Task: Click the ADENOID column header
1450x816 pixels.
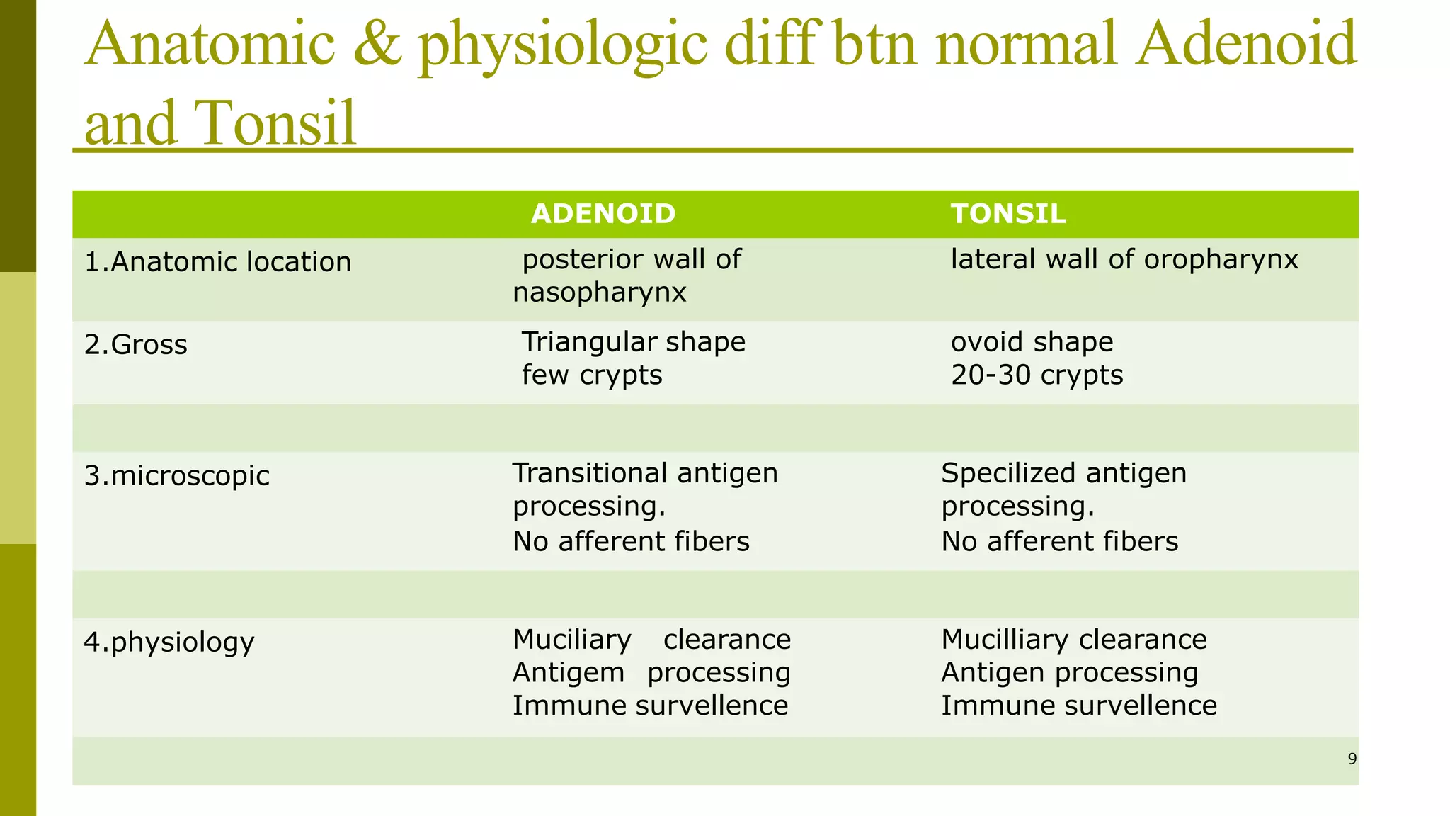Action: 603,214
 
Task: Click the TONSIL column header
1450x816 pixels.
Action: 1008,214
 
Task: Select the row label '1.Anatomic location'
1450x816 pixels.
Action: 217,262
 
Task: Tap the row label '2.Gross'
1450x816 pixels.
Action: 136,345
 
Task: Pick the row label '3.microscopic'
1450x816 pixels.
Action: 176,475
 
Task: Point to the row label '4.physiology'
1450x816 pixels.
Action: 169,642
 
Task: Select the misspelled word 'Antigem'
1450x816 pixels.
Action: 568,673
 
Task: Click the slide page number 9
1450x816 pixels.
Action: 1352,759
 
